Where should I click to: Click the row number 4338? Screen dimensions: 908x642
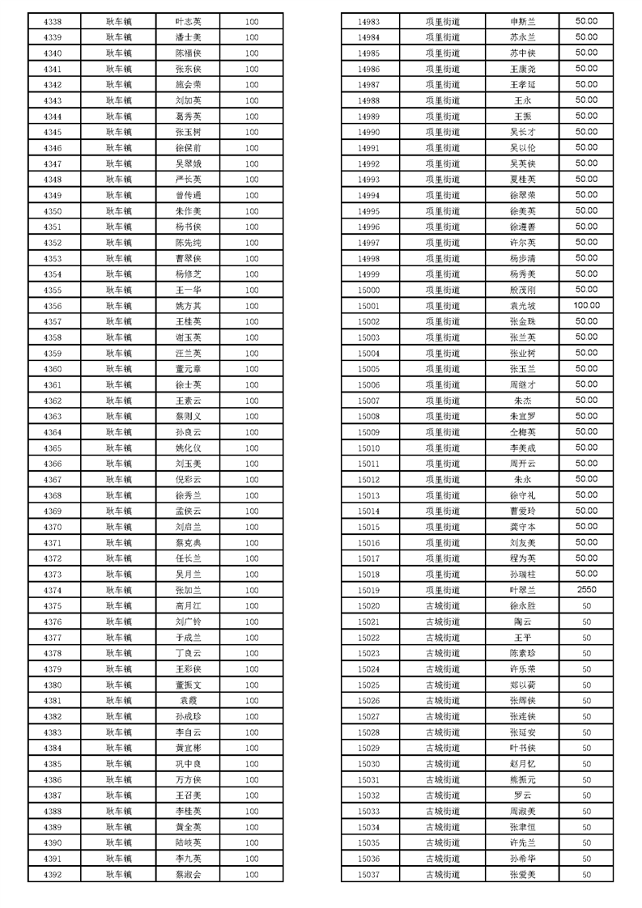[53, 22]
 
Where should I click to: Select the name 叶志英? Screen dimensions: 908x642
[188, 22]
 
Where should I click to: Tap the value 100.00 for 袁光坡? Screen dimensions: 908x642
[586, 306]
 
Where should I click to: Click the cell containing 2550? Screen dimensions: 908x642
[586, 590]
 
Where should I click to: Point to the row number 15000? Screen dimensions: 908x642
[368, 290]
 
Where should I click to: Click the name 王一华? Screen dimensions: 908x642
[188, 290]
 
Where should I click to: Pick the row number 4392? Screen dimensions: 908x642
[53, 874]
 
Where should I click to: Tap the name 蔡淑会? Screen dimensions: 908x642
[188, 874]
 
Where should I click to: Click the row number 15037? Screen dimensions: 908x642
[368, 874]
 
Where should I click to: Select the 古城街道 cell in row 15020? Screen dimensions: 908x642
[442, 605]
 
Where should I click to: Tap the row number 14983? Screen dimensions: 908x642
[368, 22]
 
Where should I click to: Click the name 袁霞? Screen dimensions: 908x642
[188, 700]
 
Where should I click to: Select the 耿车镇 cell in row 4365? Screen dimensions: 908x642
[118, 448]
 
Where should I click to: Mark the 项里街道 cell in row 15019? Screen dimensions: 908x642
[442, 590]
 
